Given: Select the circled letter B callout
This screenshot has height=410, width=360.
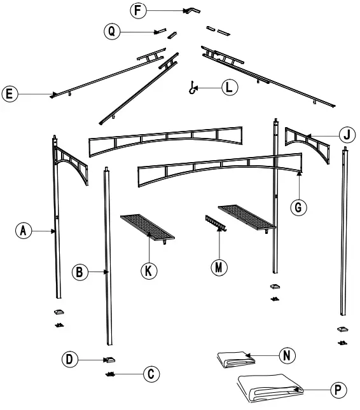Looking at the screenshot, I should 80,272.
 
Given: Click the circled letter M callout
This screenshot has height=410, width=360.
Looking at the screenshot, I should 219,267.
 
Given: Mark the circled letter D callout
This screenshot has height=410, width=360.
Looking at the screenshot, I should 71,360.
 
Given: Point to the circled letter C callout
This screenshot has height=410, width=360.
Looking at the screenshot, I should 150,374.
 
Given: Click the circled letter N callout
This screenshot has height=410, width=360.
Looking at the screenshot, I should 289,355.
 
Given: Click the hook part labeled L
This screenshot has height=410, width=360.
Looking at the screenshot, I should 190,89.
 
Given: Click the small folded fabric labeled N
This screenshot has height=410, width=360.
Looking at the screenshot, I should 235,359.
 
